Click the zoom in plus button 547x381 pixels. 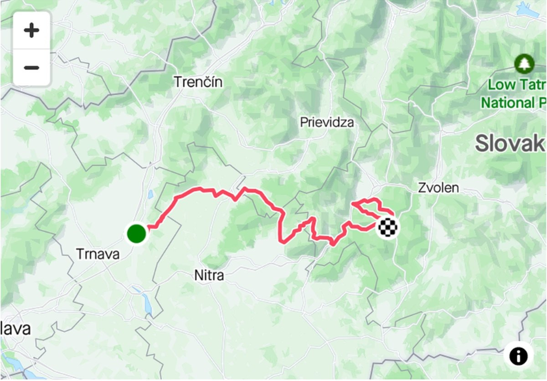pos(31,31)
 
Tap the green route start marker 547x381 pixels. pos(136,233)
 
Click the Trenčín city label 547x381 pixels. pos(198,82)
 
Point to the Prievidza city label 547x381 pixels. pos(327,122)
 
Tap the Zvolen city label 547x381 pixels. pos(439,188)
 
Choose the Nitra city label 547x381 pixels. pos(209,276)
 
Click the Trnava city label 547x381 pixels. pos(98,254)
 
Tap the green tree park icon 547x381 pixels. pos(524,64)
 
